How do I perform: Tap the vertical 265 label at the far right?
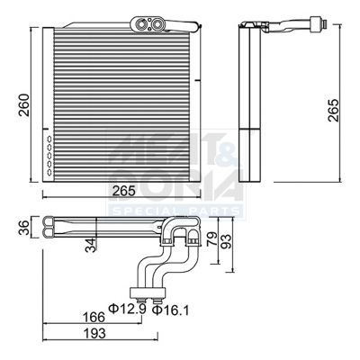click(x=334, y=109)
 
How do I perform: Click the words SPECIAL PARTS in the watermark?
click(x=175, y=210)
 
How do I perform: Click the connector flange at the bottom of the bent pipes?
click(x=148, y=292)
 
